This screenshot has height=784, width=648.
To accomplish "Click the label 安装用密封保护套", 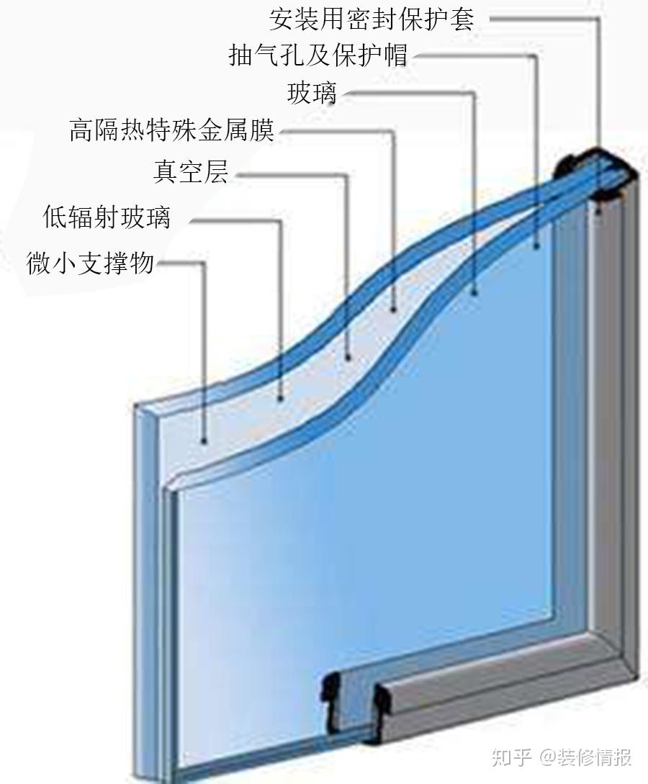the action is [372, 19].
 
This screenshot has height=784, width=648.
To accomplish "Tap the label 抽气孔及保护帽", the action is [318, 55].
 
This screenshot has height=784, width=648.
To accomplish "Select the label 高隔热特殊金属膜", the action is [172, 130].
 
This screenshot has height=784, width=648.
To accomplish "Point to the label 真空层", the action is [191, 171].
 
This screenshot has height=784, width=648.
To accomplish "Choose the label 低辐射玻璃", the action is [107, 217].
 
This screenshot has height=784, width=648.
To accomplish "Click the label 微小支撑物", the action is [90, 263].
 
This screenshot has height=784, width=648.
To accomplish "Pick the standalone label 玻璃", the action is [312, 93].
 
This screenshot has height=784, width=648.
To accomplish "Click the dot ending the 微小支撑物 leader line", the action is [204, 441].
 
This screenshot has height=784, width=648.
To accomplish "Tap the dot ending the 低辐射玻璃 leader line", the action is [281, 398].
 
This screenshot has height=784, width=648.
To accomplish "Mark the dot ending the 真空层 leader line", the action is [348, 357].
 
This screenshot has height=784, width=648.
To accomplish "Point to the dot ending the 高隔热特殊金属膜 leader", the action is [394, 310].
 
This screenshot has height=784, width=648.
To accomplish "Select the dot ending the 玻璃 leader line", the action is [474, 292].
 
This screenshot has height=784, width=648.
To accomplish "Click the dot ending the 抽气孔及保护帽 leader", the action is [536, 245].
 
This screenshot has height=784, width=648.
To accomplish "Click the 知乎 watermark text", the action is [510, 757].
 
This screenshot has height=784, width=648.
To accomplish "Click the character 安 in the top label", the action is [282, 19].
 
